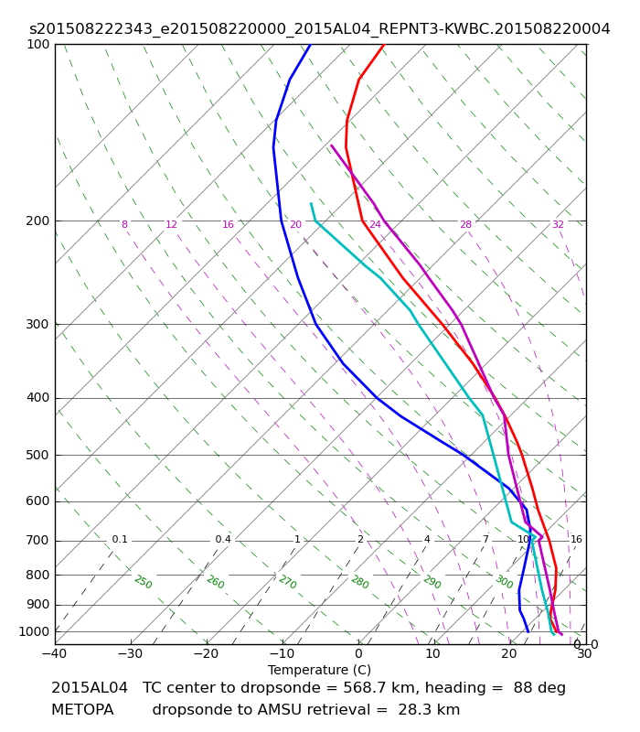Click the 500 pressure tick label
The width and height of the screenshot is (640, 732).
point(37,455)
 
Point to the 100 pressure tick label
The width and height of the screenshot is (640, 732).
point(37,44)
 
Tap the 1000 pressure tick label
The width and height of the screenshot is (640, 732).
point(34,631)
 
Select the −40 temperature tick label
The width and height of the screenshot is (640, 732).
point(55,653)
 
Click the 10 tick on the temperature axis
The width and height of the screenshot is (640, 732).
point(432,653)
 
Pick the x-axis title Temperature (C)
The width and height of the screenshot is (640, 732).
point(319,670)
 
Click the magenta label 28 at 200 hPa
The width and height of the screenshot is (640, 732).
point(466,224)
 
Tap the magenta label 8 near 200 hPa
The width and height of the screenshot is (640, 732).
point(124,224)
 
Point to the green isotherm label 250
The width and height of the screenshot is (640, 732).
point(144,582)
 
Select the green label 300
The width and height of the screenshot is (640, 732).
point(505,582)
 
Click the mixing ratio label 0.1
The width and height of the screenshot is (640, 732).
point(120,539)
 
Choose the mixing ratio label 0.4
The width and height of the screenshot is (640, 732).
point(223,539)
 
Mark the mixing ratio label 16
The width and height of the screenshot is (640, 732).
point(577,539)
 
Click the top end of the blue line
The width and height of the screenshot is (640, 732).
point(311,44)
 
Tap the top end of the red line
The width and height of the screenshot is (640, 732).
point(383,44)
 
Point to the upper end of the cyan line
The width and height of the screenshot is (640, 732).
point(311,203)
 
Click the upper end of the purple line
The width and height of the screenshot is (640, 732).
point(331,145)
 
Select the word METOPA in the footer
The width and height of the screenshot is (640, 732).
point(82,710)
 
